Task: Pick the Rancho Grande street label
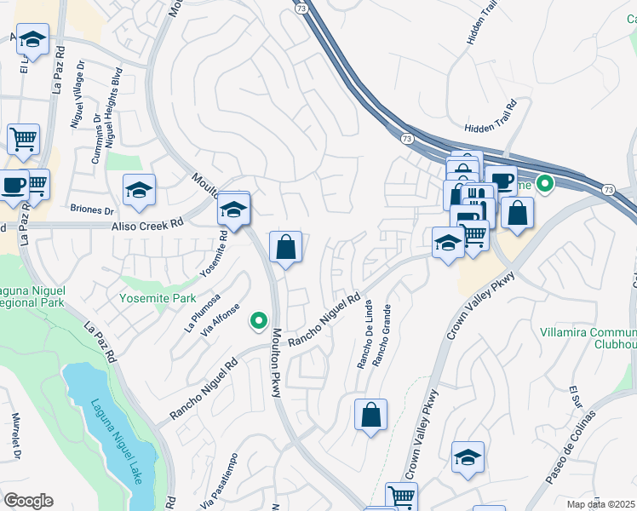tap(384, 333)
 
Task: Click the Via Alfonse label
tap(219, 321)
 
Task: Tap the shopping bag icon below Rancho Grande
tap(370, 416)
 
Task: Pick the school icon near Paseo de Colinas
tap(468, 457)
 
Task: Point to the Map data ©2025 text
tap(601, 504)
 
